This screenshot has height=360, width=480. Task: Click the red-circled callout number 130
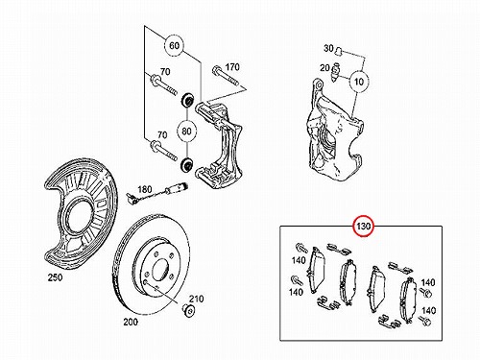363,227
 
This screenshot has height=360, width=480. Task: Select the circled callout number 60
175,45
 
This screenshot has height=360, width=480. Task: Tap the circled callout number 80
186,131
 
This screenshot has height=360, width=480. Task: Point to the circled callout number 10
359,82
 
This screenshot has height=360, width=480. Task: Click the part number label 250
55,277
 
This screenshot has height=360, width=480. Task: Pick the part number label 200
131,322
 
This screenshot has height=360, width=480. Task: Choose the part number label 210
196,299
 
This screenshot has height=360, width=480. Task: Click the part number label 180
144,189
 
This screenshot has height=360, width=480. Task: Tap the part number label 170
232,67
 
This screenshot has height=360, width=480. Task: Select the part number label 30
328,48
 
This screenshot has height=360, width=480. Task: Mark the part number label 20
324,68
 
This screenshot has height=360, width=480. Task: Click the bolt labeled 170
225,76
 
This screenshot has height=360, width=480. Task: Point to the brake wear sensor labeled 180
157,193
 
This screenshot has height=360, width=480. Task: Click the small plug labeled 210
189,310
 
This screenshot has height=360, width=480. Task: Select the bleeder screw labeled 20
336,72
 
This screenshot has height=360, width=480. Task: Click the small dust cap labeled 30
339,51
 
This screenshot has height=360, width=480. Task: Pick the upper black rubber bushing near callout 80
187,100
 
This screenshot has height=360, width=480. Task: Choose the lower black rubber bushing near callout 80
186,164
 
